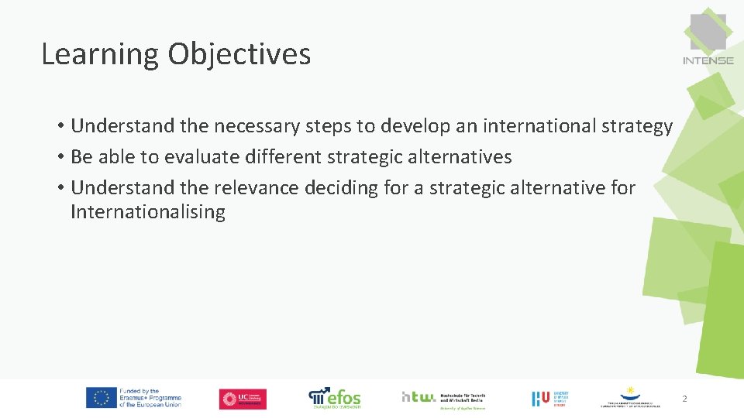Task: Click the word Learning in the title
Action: click(x=100, y=55)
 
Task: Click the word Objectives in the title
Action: click(x=239, y=55)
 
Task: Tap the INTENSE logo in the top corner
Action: click(x=708, y=39)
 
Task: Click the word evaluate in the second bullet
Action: click(x=201, y=157)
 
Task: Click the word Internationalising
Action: click(x=148, y=212)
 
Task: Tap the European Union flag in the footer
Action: click(x=101, y=398)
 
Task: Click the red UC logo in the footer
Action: click(x=243, y=399)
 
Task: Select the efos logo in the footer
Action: click(x=335, y=397)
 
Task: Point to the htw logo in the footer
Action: click(x=418, y=396)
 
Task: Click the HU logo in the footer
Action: click(x=541, y=399)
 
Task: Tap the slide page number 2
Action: click(x=684, y=399)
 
